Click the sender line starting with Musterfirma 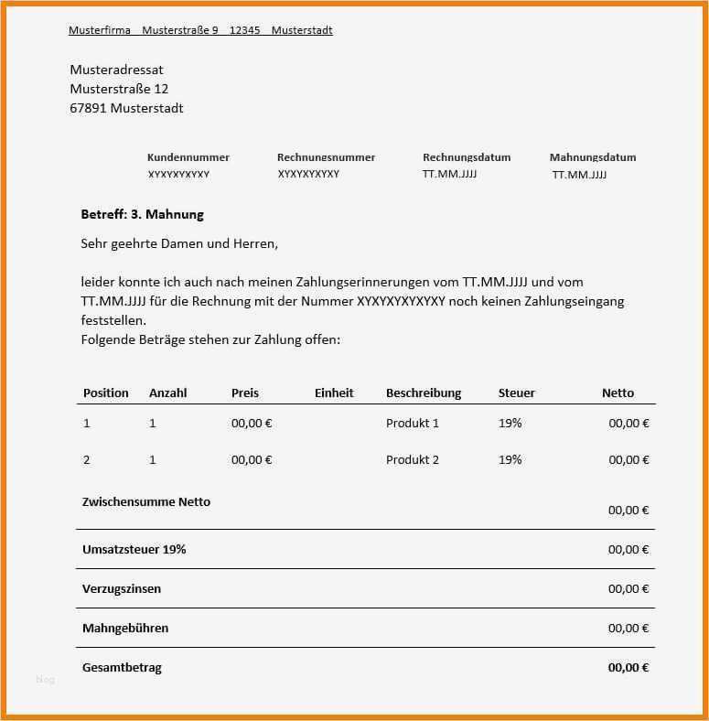(200, 30)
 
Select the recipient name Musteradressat (116, 70)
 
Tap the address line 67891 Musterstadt (126, 108)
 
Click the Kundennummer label (188, 157)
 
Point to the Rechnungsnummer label (326, 157)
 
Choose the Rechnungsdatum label (467, 157)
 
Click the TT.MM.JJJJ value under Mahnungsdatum (579, 174)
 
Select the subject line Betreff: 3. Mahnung (142, 214)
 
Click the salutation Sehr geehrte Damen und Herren (178, 244)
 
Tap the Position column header (106, 393)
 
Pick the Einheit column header (334, 393)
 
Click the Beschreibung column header (424, 393)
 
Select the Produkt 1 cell (413, 424)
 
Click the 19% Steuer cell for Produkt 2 (510, 459)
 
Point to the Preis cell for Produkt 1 (252, 424)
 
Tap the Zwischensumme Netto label (146, 501)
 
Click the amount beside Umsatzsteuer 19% (628, 549)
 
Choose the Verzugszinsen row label (122, 588)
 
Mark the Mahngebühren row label (125, 628)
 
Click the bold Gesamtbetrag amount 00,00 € (628, 667)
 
